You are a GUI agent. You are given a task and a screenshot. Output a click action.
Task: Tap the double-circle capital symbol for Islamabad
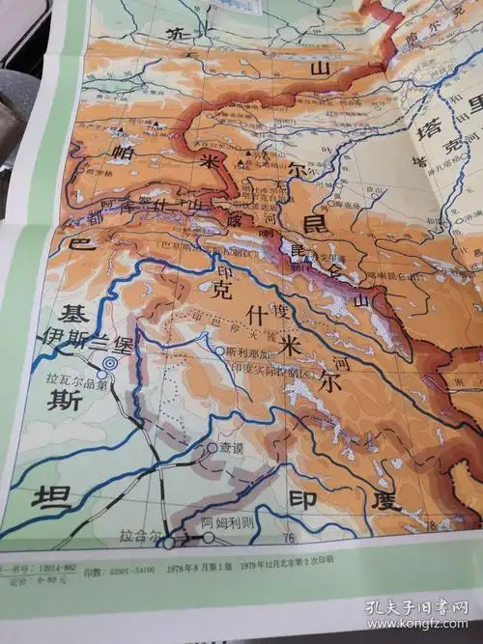click(x=109, y=362)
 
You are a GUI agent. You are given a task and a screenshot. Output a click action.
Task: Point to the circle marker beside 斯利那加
click(x=220, y=351)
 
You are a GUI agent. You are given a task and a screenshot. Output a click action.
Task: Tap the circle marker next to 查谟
click(x=212, y=449)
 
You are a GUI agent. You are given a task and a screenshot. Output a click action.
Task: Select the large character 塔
click(x=423, y=132)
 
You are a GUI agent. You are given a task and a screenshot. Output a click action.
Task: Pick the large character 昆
click(x=315, y=225)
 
